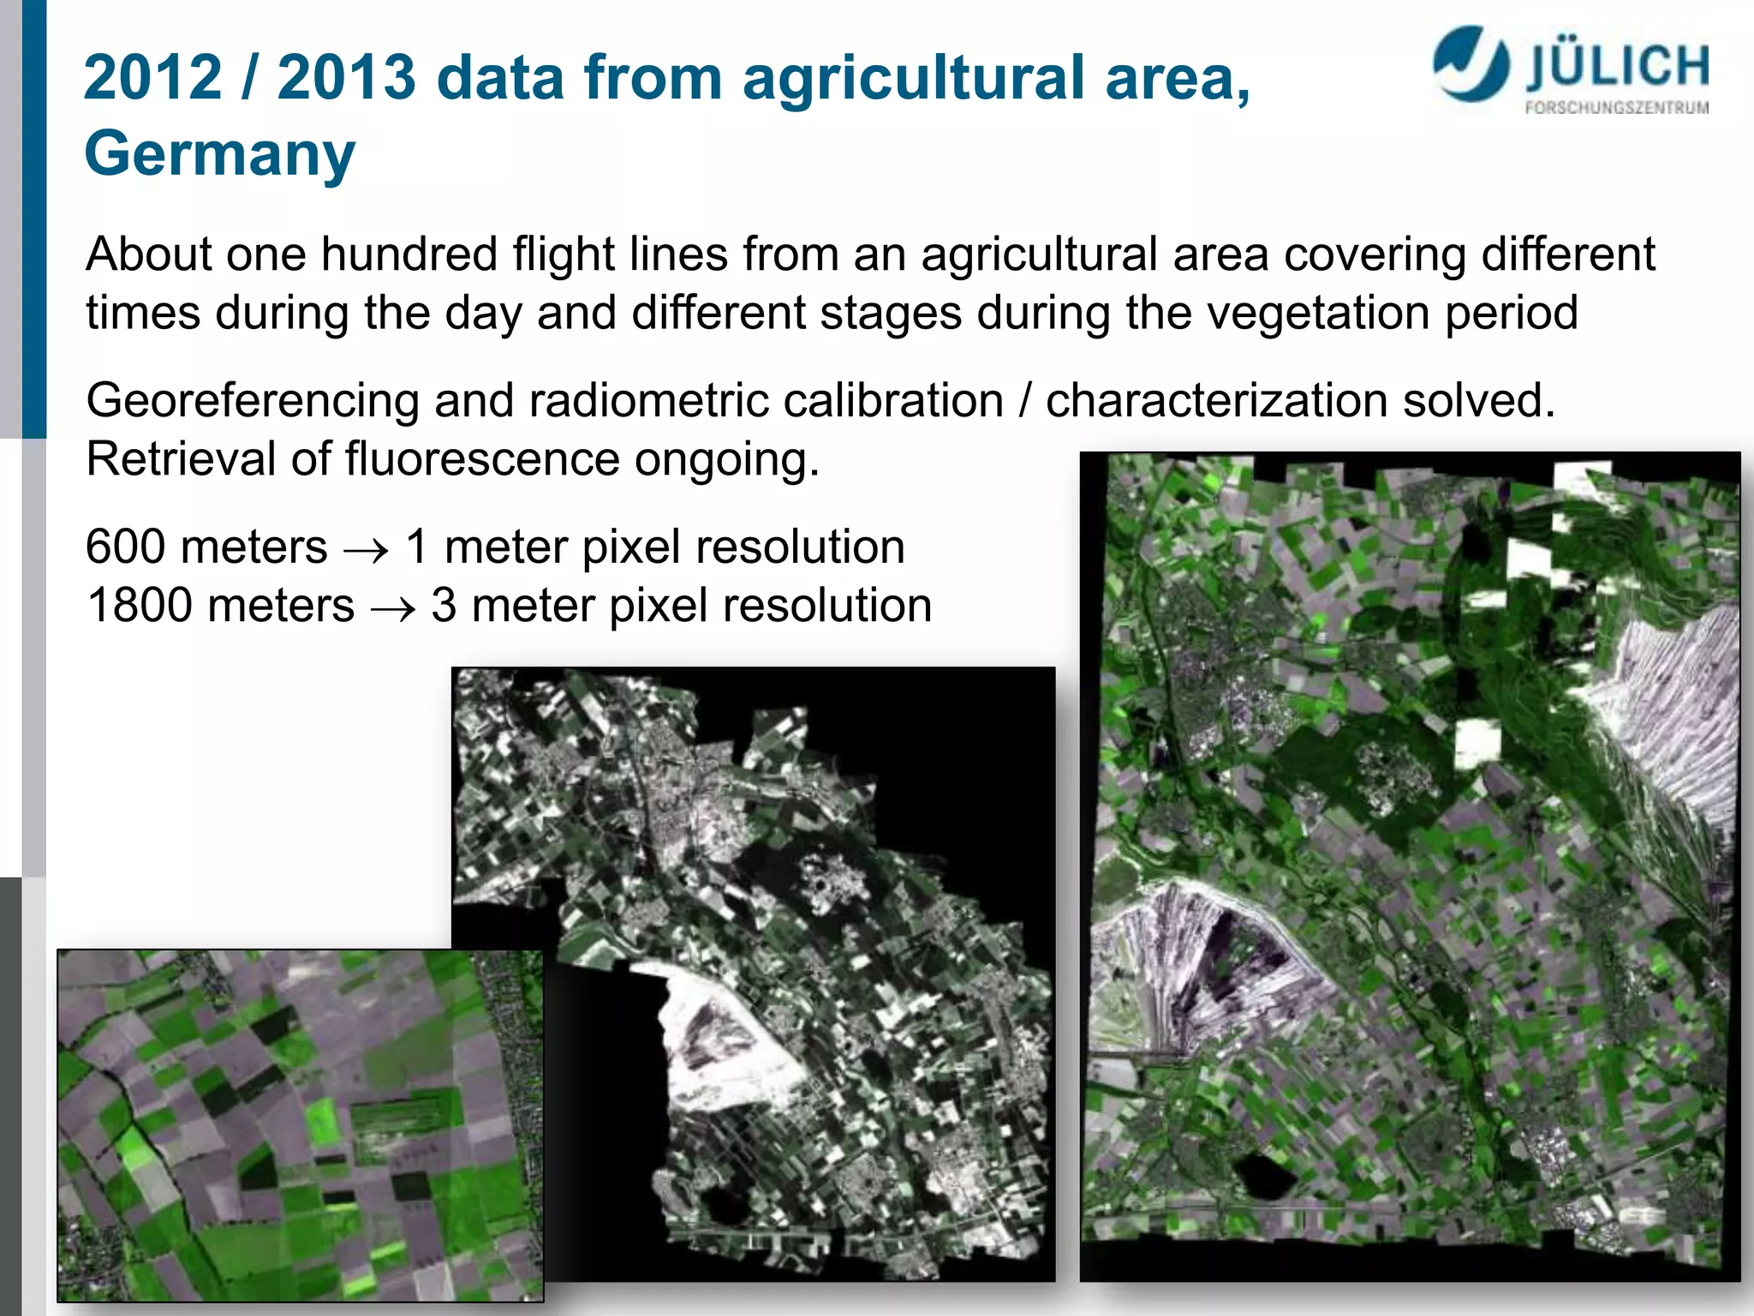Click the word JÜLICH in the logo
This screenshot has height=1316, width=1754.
click(1617, 68)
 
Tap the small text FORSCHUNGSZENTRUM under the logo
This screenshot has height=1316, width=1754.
click(1616, 108)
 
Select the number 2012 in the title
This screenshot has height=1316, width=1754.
click(153, 78)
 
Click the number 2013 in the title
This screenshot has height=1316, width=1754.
click(347, 78)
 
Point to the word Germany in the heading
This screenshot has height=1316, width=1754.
click(219, 154)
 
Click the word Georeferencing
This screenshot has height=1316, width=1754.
click(253, 402)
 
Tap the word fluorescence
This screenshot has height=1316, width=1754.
click(482, 459)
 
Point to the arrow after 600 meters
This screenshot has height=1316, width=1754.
click(366, 550)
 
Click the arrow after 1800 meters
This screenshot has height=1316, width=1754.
click(393, 608)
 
